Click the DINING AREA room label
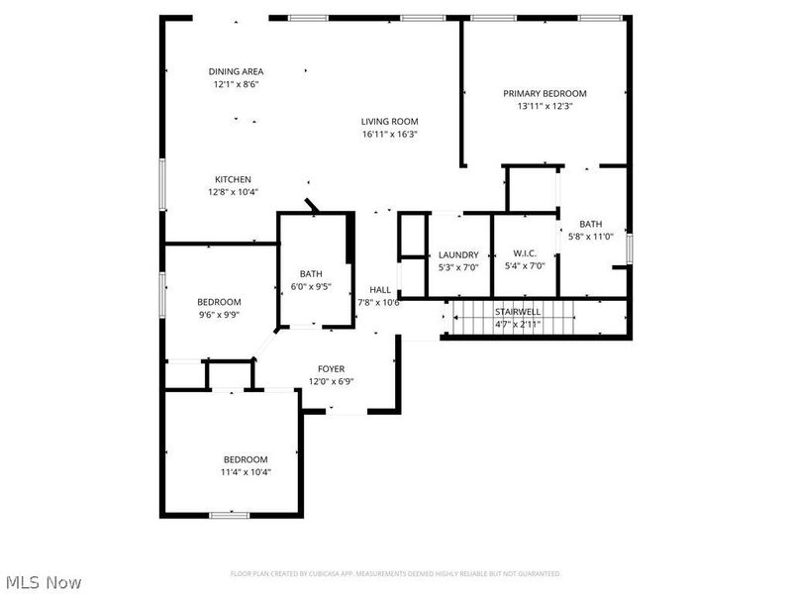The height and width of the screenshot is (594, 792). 236,71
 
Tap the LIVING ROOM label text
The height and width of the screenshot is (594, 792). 389,122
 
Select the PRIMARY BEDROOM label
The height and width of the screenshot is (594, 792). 544,93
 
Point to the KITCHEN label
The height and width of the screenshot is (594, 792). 233,179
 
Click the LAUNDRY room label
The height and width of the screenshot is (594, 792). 458,254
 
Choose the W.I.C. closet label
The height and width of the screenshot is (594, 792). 524,254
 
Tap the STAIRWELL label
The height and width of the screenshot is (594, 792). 516,312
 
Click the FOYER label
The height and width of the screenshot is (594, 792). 331,368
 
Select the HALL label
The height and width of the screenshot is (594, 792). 379,289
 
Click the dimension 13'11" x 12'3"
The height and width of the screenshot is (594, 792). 544,106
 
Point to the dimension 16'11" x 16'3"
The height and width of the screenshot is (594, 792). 389,135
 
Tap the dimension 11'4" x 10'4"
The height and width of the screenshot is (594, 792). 245,472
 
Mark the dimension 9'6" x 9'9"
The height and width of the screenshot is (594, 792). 219,315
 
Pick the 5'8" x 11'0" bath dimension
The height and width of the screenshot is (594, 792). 591,237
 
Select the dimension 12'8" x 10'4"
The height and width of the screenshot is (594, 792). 233,192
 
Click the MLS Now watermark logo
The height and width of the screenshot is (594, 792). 43,582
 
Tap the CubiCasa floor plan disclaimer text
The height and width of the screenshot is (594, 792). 395,573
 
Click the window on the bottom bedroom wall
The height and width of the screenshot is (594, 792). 230,515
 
